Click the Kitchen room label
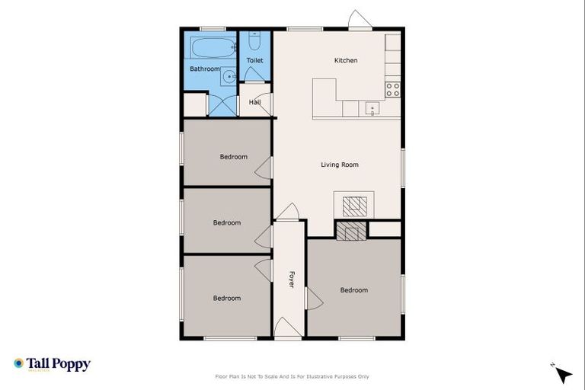(346, 60)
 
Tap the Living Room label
(339, 165)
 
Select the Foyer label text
(290, 280)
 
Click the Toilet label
(254, 59)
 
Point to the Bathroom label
(204, 69)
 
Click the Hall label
(254, 102)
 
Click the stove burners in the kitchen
(392, 90)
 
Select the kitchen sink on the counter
(372, 108)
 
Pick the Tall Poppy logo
(52, 364)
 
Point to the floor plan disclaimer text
(292, 376)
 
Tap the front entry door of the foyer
(288, 328)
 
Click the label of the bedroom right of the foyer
(353, 290)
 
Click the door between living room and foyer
(288, 212)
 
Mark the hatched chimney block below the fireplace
(351, 232)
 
